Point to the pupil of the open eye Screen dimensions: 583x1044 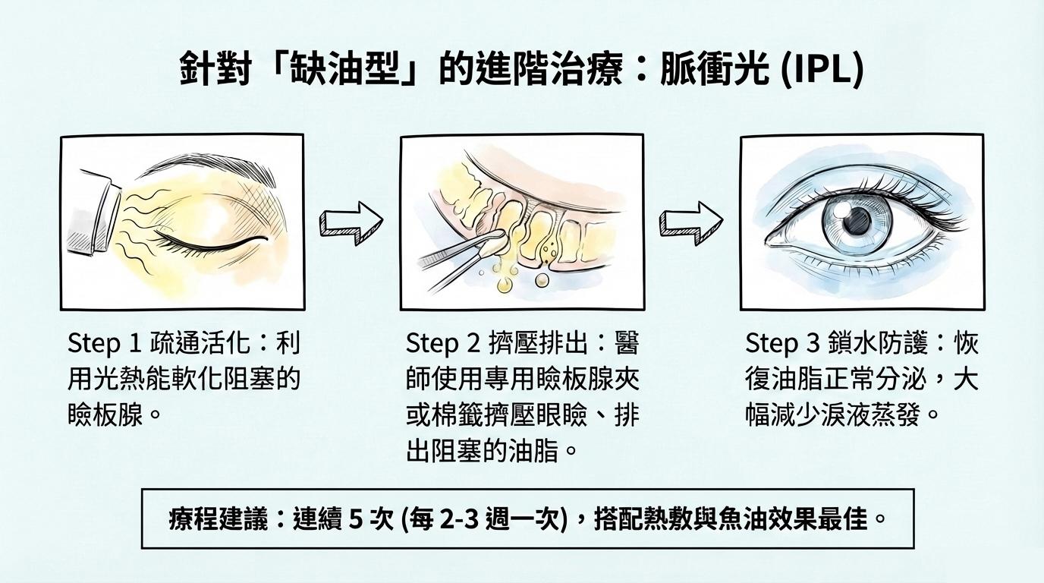(x=857, y=221)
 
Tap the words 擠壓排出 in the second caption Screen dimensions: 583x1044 (x=539, y=344)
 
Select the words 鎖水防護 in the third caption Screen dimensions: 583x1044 (x=879, y=344)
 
